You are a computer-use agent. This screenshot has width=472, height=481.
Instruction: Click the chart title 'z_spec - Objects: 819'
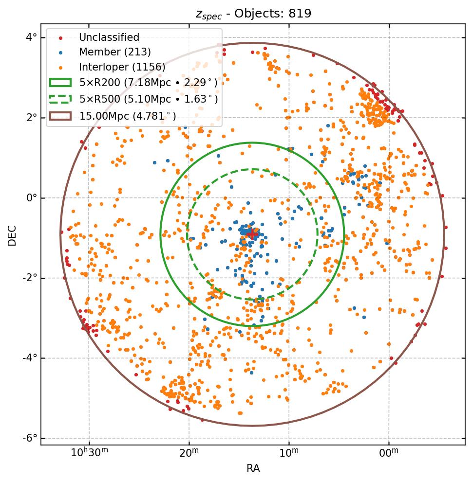(253, 13)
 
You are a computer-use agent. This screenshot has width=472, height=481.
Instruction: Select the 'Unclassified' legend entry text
(109, 37)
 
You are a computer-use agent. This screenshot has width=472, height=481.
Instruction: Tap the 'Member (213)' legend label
(115, 52)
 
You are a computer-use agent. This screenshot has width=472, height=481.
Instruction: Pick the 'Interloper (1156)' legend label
(122, 67)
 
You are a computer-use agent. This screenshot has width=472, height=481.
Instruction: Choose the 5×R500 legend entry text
(149, 99)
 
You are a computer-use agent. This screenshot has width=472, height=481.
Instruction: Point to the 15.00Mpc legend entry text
(128, 116)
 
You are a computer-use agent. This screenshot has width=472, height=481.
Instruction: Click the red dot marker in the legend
(60, 38)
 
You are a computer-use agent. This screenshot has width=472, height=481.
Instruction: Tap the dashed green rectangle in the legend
(60, 99)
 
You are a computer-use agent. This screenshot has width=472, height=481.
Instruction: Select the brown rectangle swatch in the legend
(60, 116)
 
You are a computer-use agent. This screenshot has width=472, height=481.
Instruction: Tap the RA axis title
(253, 468)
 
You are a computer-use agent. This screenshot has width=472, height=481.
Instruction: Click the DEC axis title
(12, 235)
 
